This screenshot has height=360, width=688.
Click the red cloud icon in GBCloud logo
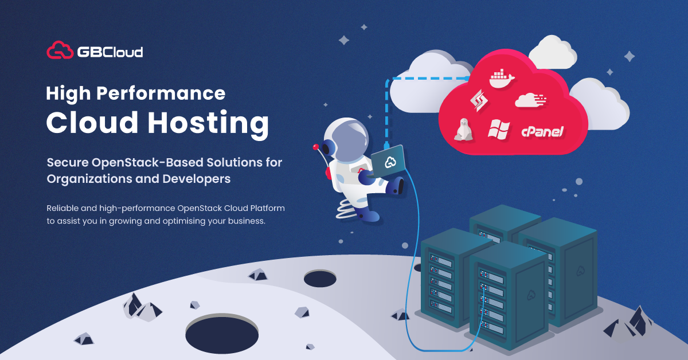tap(60, 50)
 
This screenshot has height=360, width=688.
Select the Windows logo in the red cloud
tap(498, 129)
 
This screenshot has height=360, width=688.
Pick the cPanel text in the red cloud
tap(542, 132)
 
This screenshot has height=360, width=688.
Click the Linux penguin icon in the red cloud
tap(462, 130)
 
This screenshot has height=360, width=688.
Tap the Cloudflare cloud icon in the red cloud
tap(531, 100)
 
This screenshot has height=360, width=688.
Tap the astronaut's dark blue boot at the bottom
tap(370, 216)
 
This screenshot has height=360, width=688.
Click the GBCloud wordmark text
tap(110, 52)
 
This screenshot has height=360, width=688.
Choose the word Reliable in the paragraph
tap(62, 207)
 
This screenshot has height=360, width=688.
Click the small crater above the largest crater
tap(319, 279)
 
